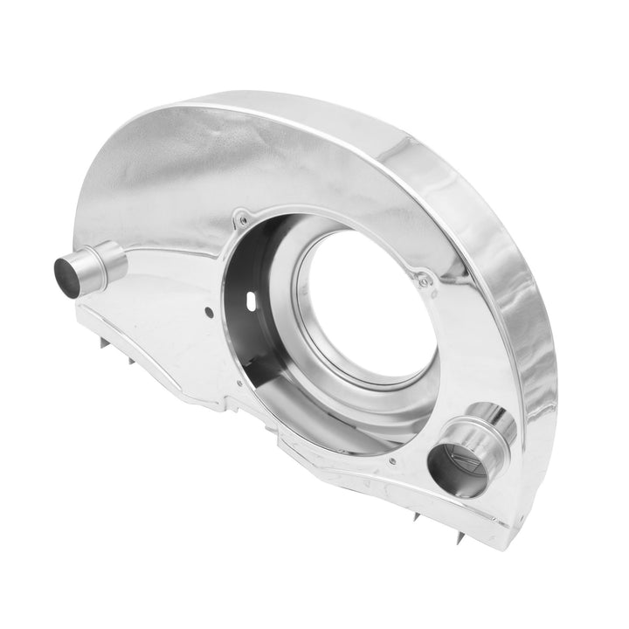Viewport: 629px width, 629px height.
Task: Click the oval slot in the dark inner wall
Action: [253, 300]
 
